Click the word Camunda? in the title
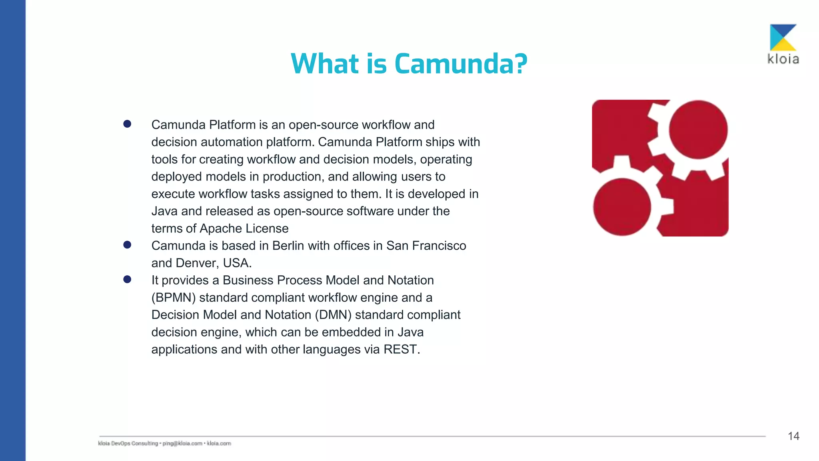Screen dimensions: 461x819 coord(461,64)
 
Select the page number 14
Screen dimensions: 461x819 coord(793,436)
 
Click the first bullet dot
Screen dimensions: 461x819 coord(127,124)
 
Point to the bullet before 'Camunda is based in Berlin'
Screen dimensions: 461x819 coord(127,245)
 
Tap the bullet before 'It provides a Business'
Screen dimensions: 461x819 coord(127,279)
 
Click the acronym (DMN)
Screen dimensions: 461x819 coord(333,315)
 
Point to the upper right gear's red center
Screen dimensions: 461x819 coord(698,130)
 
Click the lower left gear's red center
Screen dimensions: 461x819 coord(622,207)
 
